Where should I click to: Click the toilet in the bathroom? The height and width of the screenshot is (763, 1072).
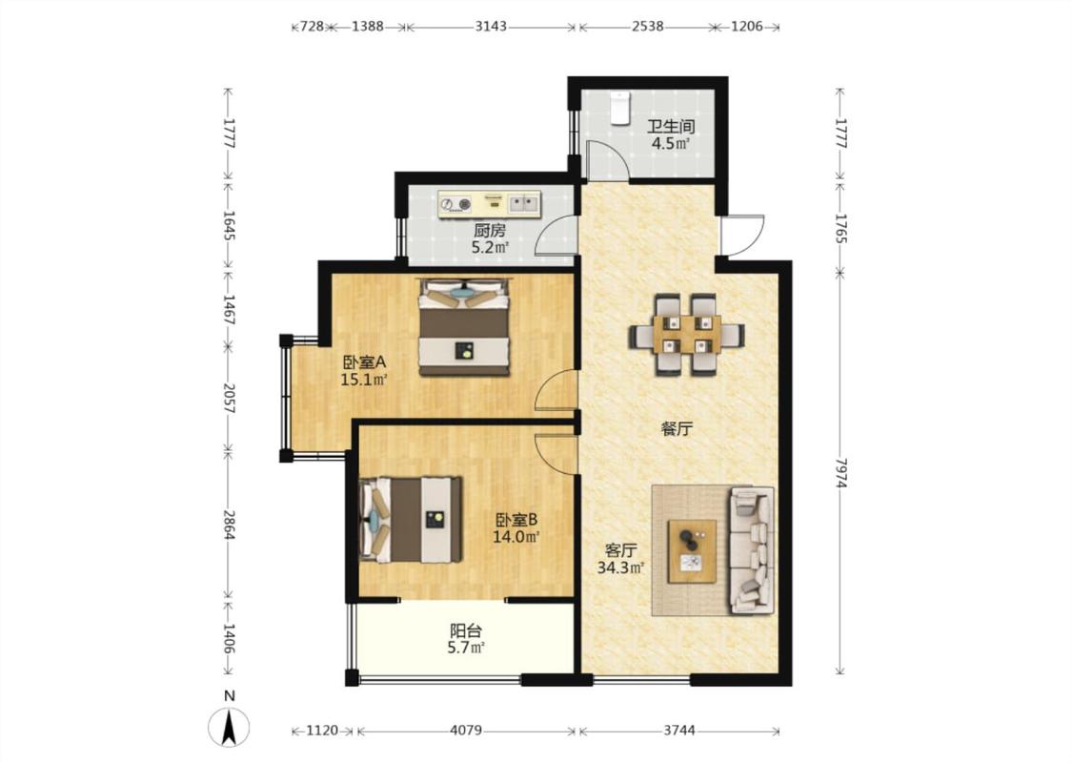pyautogui.click(x=619, y=108)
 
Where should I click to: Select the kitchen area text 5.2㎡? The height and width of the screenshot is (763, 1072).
pyautogui.click(x=490, y=248)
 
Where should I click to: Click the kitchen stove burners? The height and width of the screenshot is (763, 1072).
pyautogui.click(x=456, y=203)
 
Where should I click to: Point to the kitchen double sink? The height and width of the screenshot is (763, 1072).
pyautogui.click(x=524, y=202)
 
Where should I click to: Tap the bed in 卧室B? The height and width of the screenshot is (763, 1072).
pyautogui.click(x=411, y=520)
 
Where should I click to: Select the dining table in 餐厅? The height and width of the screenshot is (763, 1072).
pyautogui.click(x=686, y=334)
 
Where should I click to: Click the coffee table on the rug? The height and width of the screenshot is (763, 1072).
pyautogui.click(x=693, y=551)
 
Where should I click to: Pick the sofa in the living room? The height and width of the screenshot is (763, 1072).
pyautogui.click(x=752, y=550)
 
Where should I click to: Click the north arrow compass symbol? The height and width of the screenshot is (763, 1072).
pyautogui.click(x=230, y=727)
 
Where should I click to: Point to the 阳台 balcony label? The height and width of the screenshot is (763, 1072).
pyautogui.click(x=466, y=630)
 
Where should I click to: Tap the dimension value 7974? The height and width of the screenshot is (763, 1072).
pyautogui.click(x=840, y=473)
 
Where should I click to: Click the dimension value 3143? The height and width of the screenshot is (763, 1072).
pyautogui.click(x=491, y=27)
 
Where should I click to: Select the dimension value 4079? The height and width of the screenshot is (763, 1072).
pyautogui.click(x=466, y=731)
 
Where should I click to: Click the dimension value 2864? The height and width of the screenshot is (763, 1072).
pyautogui.click(x=230, y=525)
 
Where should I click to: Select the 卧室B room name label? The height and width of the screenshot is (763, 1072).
pyautogui.click(x=516, y=520)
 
